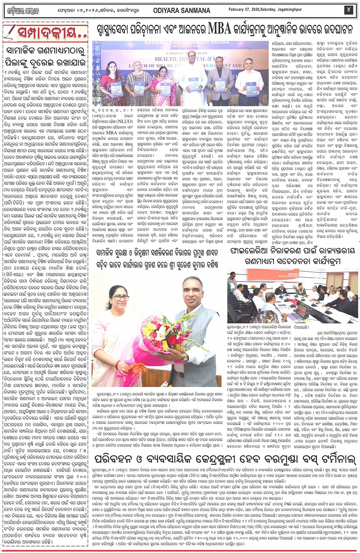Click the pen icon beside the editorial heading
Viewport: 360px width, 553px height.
(10, 32)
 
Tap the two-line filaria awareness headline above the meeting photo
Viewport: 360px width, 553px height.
(293, 256)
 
